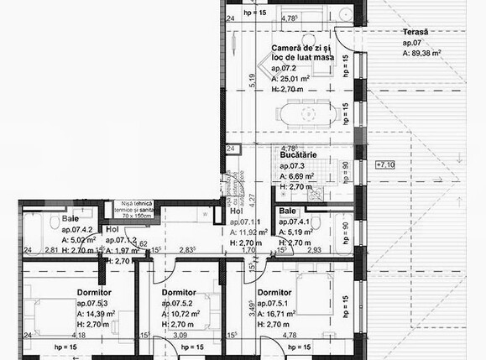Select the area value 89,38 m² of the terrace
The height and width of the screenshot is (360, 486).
point(423,51)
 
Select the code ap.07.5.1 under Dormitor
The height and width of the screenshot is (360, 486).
point(276,302)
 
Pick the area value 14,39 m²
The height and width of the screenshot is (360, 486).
point(94,312)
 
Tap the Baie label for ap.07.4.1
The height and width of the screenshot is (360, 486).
point(288,211)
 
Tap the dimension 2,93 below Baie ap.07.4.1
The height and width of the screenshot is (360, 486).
point(314,250)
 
